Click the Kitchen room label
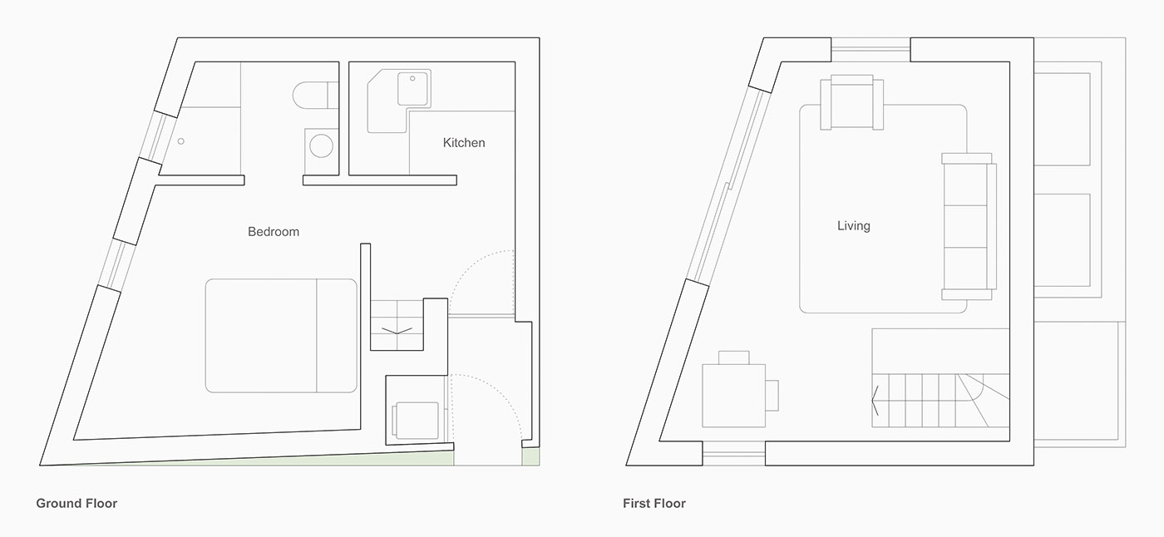click(464, 143)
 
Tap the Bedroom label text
click(274, 232)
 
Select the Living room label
click(853, 226)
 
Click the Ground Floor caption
click(76, 503)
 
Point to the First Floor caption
click(654, 503)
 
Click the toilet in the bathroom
click(315, 95)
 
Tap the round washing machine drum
click(321, 146)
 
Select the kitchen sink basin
click(413, 89)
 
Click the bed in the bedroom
click(281, 336)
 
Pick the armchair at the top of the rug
click(851, 102)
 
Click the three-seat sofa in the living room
click(969, 226)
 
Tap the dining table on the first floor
click(733, 396)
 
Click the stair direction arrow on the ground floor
click(397, 331)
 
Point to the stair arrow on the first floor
click(875, 401)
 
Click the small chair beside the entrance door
click(416, 420)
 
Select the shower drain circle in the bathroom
click(181, 141)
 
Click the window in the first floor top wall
click(871, 49)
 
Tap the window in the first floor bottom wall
click(733, 453)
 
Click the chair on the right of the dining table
click(772, 396)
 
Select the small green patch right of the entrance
click(530, 456)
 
